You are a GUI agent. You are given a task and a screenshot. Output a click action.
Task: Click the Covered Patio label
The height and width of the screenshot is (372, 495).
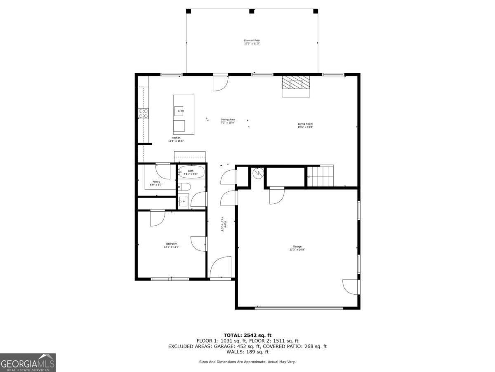[252, 42]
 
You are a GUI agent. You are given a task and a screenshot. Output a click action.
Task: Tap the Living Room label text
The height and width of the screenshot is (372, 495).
[305, 125]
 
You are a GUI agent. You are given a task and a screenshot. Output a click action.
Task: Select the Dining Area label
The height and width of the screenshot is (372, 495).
[227, 121]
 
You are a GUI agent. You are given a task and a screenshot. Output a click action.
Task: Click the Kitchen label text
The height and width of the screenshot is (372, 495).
[176, 139]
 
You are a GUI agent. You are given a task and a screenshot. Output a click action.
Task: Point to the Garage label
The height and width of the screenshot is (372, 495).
[297, 248]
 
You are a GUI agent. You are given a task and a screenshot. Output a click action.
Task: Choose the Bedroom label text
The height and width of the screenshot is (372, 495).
[171, 245]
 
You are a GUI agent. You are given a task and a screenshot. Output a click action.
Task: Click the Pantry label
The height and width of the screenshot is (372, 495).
[156, 183]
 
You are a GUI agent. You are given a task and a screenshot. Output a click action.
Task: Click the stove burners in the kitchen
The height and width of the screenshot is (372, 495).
[143, 114]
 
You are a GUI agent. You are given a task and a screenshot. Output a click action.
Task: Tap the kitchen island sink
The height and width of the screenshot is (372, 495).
[179, 111]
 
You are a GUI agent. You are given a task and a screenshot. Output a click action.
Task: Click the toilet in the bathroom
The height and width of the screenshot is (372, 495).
[184, 187]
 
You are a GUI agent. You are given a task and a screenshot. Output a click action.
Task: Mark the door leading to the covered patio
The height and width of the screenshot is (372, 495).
[220, 83]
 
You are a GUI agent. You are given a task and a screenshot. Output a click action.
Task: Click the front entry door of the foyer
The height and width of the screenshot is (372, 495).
[221, 269]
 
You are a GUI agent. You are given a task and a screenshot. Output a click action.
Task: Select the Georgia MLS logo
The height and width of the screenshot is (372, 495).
[28, 362]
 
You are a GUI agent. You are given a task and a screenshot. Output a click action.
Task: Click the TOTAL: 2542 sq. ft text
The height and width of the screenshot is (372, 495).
[247, 335]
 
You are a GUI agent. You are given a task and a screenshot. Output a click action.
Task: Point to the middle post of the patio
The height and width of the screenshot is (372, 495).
[252, 11]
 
